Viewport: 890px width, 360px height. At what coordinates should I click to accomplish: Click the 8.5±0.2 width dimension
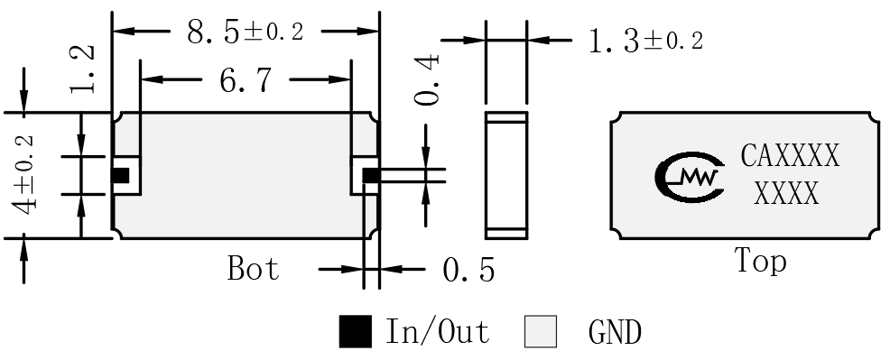coord(246,32)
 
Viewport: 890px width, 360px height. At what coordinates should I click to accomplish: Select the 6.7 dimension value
coord(246,80)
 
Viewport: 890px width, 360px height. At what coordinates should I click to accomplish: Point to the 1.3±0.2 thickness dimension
coord(646,42)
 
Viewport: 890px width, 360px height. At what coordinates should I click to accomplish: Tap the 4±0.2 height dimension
coord(25,175)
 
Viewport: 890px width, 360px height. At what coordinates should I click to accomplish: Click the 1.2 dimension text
coord(82,69)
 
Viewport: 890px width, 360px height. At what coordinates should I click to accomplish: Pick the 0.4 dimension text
coord(427,79)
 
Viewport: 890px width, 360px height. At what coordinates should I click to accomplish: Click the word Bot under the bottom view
coord(253,268)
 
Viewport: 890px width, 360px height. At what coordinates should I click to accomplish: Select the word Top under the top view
coord(761,261)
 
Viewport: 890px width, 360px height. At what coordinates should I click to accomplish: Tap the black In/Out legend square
coord(356,332)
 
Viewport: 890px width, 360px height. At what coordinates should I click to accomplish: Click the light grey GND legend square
coord(541,332)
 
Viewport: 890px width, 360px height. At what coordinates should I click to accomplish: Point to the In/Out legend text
coord(437,332)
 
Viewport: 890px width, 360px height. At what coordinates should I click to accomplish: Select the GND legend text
coord(616,332)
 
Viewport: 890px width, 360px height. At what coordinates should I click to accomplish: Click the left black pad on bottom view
coord(120,176)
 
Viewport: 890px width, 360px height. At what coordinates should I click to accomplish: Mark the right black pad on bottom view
coord(371,176)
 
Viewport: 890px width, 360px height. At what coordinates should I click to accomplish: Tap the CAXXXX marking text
coord(790,156)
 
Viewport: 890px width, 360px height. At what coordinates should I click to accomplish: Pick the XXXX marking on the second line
coord(787,194)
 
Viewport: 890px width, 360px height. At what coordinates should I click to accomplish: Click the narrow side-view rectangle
coord(506,175)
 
